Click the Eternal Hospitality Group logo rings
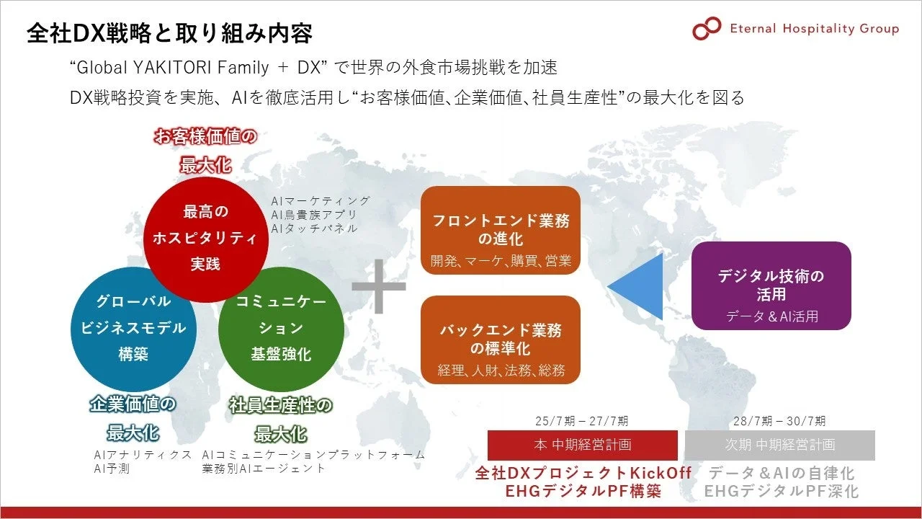click(x=706, y=29)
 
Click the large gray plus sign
click(x=379, y=285)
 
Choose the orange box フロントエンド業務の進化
click(x=501, y=230)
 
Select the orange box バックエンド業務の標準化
click(x=501, y=340)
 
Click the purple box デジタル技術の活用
click(x=771, y=285)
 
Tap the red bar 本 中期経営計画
click(x=582, y=445)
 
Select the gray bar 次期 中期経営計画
click(x=779, y=445)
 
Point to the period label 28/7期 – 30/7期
click(x=779, y=421)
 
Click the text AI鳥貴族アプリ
click(x=314, y=215)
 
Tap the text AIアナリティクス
click(x=143, y=455)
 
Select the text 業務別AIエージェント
click(x=264, y=469)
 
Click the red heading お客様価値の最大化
click(x=205, y=150)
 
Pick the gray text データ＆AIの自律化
click(x=782, y=474)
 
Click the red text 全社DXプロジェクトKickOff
click(x=583, y=474)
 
